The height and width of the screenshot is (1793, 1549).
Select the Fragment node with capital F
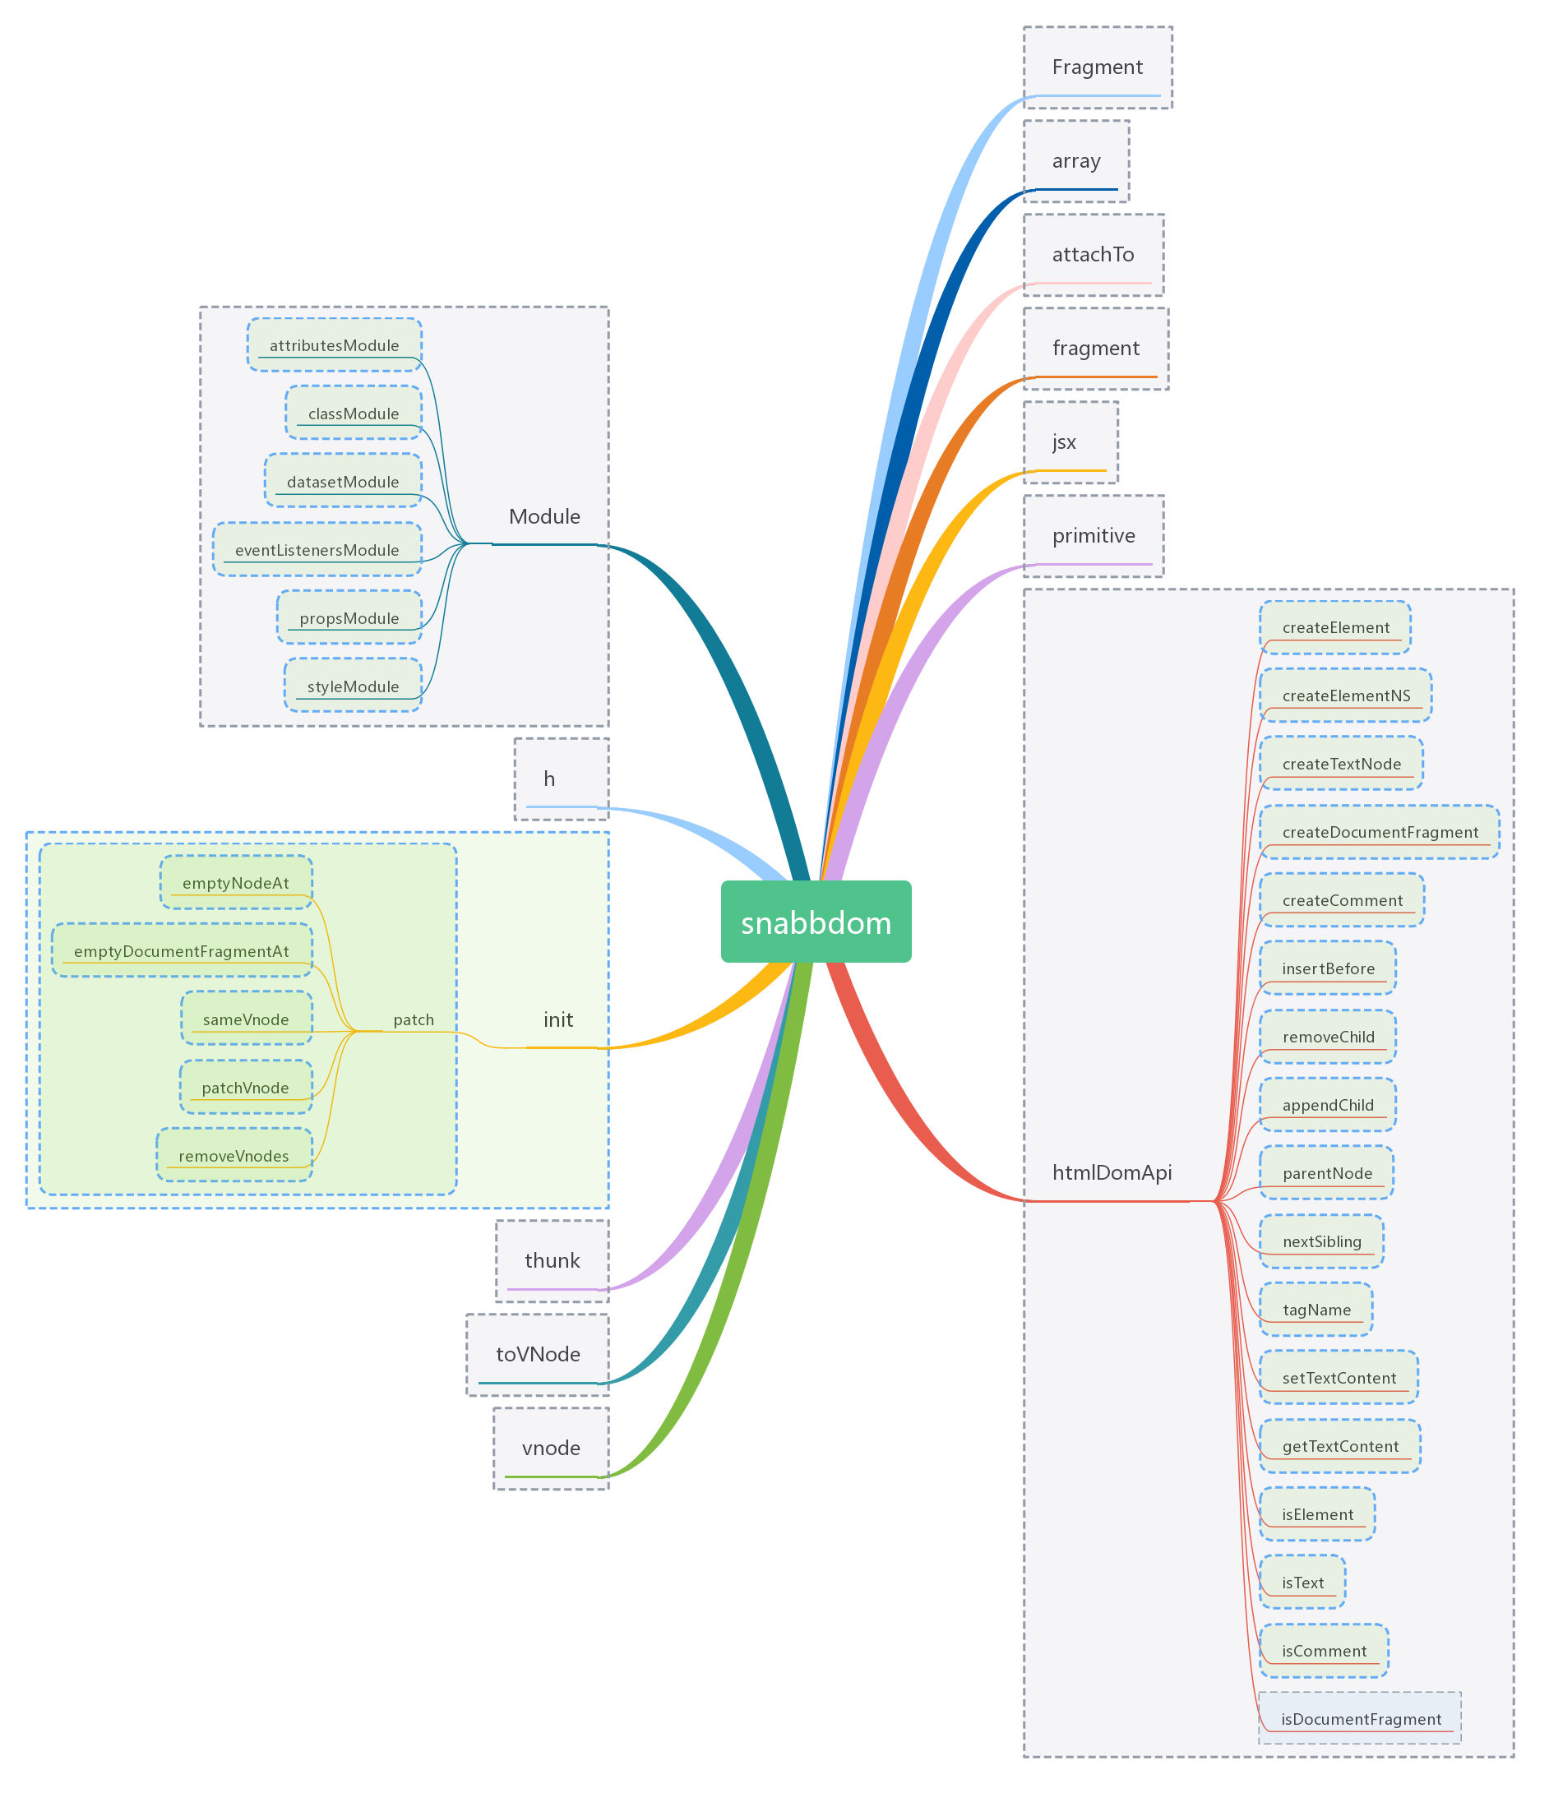tap(1097, 67)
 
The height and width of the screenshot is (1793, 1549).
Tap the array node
tap(1075, 161)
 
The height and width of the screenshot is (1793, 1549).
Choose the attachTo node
tap(1092, 254)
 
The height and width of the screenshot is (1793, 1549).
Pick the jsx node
tap(1064, 442)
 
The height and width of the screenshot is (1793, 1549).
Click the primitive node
tap(1093, 536)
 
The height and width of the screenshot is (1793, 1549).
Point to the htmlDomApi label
tap(1111, 1172)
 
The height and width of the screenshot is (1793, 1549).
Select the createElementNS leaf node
tap(1346, 695)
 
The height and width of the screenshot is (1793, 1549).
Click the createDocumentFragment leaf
tap(1380, 833)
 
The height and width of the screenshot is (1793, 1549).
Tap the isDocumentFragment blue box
tap(1361, 1720)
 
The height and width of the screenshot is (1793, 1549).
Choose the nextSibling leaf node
tap(1321, 1241)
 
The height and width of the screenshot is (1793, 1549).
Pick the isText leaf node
tap(1302, 1583)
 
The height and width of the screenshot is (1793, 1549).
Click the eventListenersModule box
tap(317, 550)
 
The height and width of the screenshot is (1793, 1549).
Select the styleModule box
tap(353, 687)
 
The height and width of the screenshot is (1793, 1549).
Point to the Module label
tap(544, 516)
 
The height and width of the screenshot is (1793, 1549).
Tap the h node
tap(549, 779)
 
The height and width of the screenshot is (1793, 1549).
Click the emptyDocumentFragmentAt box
tap(182, 952)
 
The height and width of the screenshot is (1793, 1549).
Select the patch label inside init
tap(414, 1020)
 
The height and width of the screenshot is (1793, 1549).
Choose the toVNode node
tap(538, 1354)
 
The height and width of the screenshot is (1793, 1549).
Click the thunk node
tap(553, 1261)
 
